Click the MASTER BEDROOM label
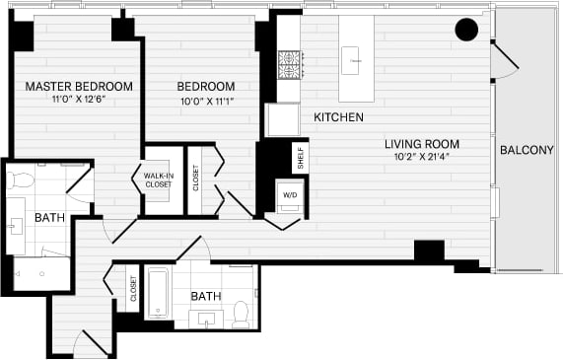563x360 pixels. (x=79, y=86)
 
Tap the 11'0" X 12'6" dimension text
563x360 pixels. (x=79, y=99)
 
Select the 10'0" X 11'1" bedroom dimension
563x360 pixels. (x=207, y=99)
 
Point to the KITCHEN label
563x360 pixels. (x=338, y=117)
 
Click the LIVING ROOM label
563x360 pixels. (x=436, y=144)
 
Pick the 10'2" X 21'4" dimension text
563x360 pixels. (x=436, y=158)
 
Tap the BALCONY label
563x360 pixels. (x=527, y=150)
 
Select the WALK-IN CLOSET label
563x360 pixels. (x=158, y=179)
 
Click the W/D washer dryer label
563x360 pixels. (x=289, y=193)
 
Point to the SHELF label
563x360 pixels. (x=300, y=156)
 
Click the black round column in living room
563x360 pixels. (x=466, y=31)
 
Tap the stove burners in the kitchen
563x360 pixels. (x=289, y=65)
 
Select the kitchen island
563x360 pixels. (x=356, y=58)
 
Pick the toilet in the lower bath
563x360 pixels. (x=241, y=315)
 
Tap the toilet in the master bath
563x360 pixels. (x=22, y=181)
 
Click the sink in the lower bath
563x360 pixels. (x=207, y=318)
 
